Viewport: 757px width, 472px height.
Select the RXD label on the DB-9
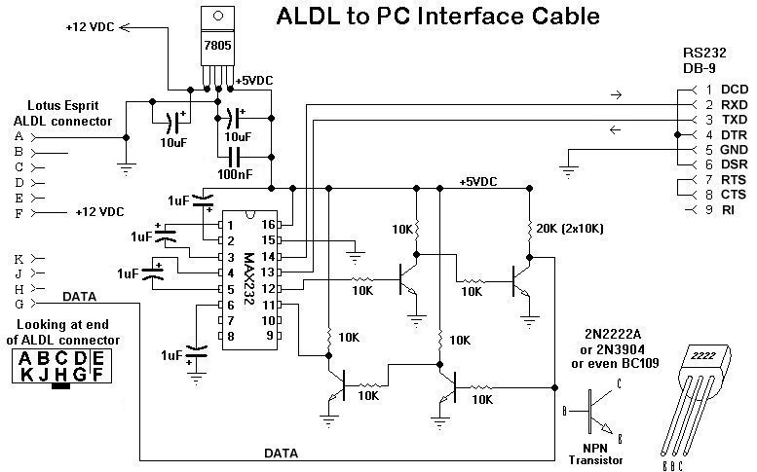click(x=721, y=104)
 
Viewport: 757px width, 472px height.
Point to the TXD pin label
click(x=721, y=119)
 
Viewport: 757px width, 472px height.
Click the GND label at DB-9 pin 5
click(x=721, y=150)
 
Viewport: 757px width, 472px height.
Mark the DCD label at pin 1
click(x=721, y=90)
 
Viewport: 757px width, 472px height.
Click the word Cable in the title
click(x=566, y=18)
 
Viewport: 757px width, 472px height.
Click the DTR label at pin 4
click(x=721, y=134)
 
